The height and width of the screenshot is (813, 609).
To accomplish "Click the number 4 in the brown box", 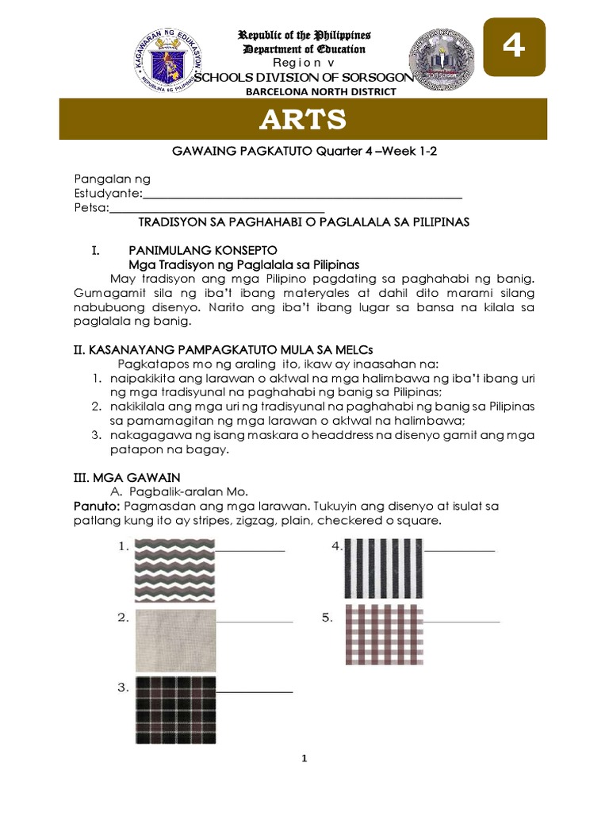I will click(515, 48).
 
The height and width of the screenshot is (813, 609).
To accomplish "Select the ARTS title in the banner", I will click(304, 120).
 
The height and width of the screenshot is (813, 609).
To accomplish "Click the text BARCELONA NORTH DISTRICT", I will click(304, 92).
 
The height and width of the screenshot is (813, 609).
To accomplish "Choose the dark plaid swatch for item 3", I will click(174, 711).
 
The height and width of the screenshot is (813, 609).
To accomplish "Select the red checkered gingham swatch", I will click(383, 635).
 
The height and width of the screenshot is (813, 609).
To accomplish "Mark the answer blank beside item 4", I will click(459, 549).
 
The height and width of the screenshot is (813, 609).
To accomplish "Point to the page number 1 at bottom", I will click(304, 760).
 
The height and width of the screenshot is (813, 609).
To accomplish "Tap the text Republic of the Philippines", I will click(304, 36).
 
